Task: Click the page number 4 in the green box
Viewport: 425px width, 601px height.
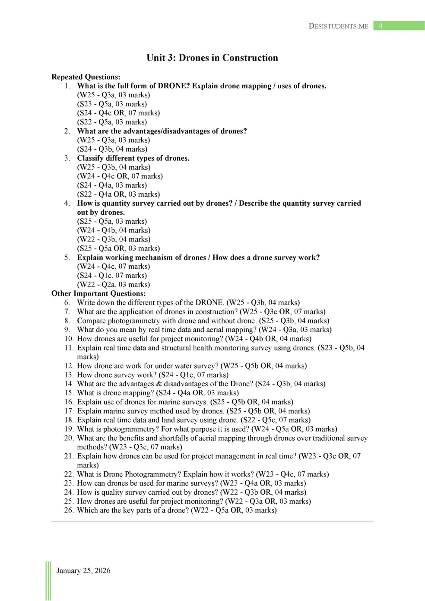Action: pos(380,26)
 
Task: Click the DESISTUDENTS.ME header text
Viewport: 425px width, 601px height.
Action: pos(338,26)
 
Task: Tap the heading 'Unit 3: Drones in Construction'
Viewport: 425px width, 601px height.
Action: pos(212,58)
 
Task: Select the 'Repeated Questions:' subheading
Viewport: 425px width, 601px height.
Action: pos(86,77)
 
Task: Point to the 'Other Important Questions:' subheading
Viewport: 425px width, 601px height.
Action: pos(98,293)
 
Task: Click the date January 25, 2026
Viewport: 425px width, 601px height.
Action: pos(83,570)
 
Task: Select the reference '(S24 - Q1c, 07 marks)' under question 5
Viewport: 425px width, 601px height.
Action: pos(112,275)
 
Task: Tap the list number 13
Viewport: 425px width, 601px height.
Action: pos(69,375)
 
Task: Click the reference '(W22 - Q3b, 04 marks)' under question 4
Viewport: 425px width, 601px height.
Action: pos(114,239)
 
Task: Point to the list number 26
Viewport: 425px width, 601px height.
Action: pos(69,510)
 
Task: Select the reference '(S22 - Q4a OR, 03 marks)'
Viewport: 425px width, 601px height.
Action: pos(118,194)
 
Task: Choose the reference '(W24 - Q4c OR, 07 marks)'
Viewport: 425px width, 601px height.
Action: pos(120,176)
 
